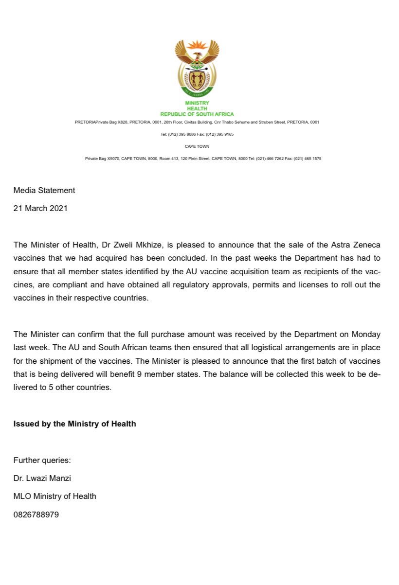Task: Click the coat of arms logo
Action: coord(197,68)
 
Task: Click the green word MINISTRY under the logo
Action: coord(197,103)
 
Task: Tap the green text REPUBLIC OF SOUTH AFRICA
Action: coord(197,114)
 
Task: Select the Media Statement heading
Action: coord(44,190)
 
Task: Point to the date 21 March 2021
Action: coord(40,208)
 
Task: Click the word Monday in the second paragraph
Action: coord(363,335)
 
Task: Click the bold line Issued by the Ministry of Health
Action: coord(74,424)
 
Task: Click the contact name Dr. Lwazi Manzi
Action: coord(42,478)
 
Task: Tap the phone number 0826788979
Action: coord(36,514)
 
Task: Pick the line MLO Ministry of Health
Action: coord(54,496)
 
